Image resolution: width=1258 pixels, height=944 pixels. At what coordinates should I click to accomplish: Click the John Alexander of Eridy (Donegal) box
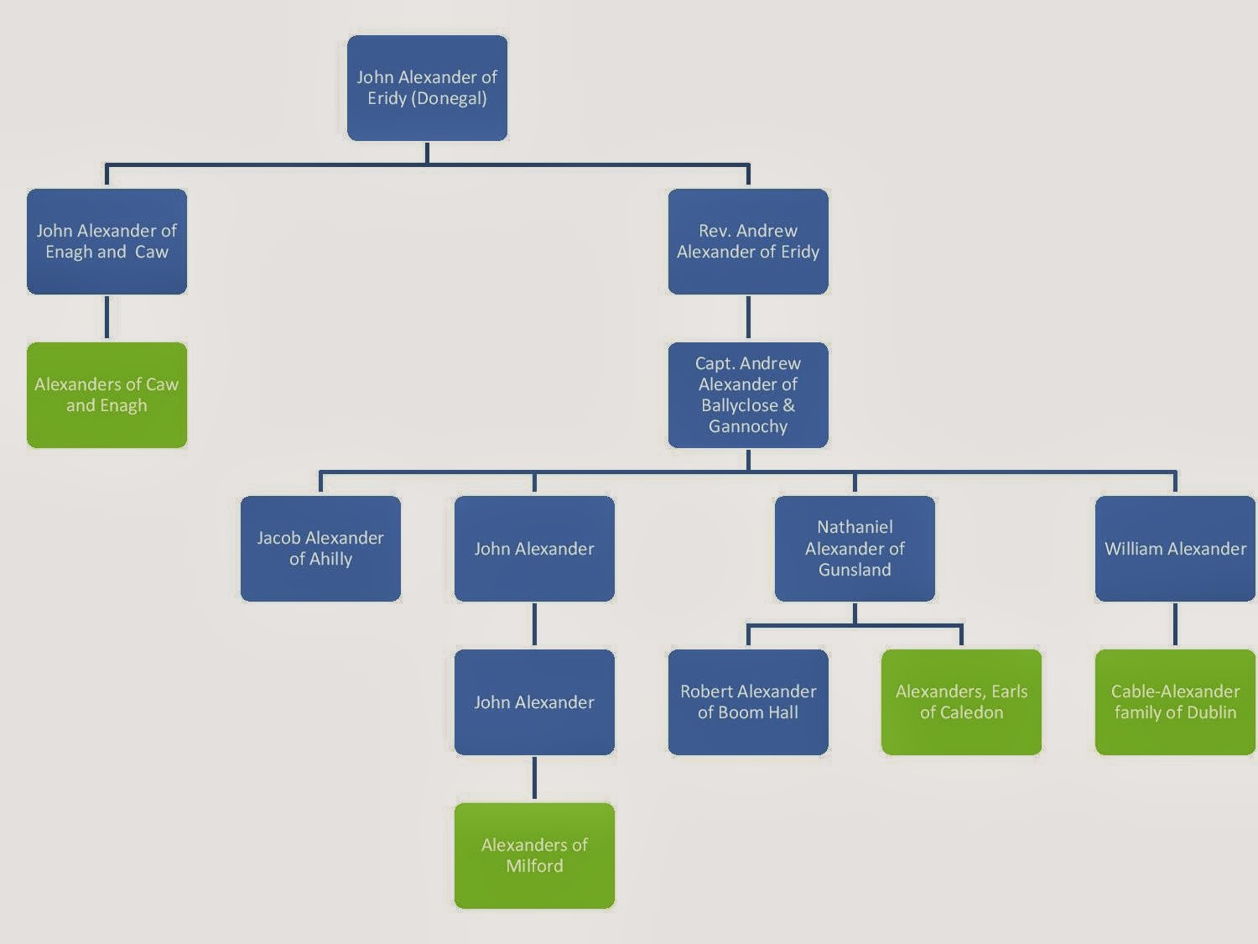[x=427, y=88]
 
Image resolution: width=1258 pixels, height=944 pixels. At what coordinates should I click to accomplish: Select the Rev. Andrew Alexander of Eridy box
[x=748, y=242]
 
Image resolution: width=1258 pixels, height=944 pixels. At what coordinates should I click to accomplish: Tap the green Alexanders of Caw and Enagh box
[x=107, y=395]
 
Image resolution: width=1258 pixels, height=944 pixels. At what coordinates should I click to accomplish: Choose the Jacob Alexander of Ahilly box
[x=320, y=549]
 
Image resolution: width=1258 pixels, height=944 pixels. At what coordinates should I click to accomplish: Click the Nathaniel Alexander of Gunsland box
[x=855, y=549]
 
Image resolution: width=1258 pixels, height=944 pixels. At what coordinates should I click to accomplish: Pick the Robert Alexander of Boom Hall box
[x=748, y=702]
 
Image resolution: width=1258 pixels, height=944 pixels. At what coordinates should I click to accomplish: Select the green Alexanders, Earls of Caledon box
[x=961, y=702]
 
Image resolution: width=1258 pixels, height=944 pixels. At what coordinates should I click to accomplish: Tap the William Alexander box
[x=1175, y=549]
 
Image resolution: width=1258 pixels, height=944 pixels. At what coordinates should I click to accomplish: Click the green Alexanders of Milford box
[x=534, y=856]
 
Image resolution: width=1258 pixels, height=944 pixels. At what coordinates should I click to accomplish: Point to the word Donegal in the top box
[x=448, y=99]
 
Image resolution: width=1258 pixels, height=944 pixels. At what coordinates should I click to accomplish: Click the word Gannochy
[x=748, y=426]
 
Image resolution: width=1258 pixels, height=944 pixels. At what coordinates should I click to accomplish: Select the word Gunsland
[x=855, y=570]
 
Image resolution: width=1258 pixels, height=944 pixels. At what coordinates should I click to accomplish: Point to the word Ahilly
[x=331, y=559]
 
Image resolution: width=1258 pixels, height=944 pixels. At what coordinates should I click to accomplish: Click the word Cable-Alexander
[x=1175, y=691]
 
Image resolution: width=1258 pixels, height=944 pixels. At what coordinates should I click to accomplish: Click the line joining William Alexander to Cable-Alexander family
[x=1175, y=625]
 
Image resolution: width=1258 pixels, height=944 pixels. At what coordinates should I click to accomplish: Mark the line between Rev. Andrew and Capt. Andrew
[x=748, y=318]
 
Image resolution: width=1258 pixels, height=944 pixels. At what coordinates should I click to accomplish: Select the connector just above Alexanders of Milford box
[x=534, y=779]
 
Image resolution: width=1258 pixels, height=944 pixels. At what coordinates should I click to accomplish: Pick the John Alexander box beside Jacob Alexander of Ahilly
[x=534, y=549]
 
